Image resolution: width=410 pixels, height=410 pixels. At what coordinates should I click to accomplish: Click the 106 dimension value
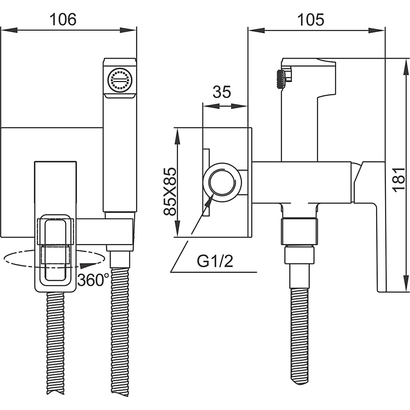pos(63,19)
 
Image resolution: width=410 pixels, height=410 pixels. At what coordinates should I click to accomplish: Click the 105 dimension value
pos(311,20)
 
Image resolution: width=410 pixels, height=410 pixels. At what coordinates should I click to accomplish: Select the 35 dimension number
pos(222,92)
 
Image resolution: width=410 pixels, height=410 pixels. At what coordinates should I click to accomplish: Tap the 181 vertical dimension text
pos(399,180)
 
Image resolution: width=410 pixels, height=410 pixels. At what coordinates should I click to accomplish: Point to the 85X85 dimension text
pos(170,191)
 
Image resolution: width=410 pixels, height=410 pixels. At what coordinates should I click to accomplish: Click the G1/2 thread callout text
pos(215,261)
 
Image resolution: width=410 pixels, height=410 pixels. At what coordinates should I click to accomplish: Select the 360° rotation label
pos(93,280)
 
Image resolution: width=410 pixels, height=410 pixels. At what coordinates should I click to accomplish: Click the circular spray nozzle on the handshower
pos(120,80)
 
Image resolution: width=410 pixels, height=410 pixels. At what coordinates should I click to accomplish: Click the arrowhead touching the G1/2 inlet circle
pos(209,201)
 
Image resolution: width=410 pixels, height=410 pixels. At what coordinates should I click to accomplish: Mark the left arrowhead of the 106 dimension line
pos(9,30)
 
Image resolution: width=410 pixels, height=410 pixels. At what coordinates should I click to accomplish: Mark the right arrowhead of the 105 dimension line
pos(376,30)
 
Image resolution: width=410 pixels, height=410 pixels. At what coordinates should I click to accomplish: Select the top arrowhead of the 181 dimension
pos(406,67)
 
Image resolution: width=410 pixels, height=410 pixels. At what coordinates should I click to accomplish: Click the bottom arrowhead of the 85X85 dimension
pos(177,228)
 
